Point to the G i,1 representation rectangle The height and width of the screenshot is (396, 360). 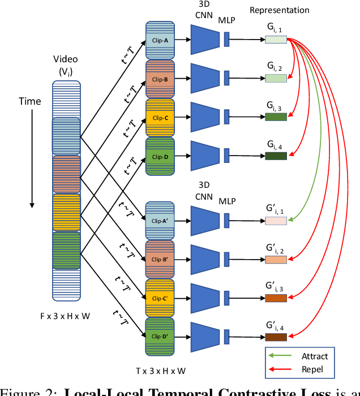point(276,40)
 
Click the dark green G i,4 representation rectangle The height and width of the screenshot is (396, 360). point(276,156)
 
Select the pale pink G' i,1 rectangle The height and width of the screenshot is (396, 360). point(276,221)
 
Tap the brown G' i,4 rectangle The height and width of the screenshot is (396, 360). point(276,337)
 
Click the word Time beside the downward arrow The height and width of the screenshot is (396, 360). point(30,101)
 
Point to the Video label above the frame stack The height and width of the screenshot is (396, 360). point(66,59)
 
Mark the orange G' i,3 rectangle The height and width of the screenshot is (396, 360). point(276,298)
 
